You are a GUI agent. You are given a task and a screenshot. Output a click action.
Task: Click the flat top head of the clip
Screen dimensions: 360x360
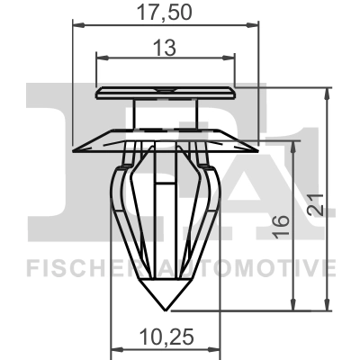point(165,92)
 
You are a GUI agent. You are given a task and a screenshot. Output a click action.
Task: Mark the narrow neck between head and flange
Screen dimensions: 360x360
point(165,112)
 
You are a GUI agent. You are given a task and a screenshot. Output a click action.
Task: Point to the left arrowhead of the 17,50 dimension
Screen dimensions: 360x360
point(75,29)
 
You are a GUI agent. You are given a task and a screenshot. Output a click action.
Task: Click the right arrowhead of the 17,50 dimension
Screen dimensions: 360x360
point(258,29)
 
